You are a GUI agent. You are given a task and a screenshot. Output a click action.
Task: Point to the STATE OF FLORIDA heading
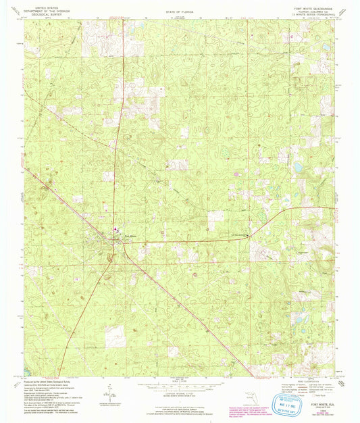click(180, 11)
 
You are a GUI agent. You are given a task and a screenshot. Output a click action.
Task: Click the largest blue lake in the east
click(297, 166)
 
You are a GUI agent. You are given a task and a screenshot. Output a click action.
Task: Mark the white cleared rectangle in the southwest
click(115, 336)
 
